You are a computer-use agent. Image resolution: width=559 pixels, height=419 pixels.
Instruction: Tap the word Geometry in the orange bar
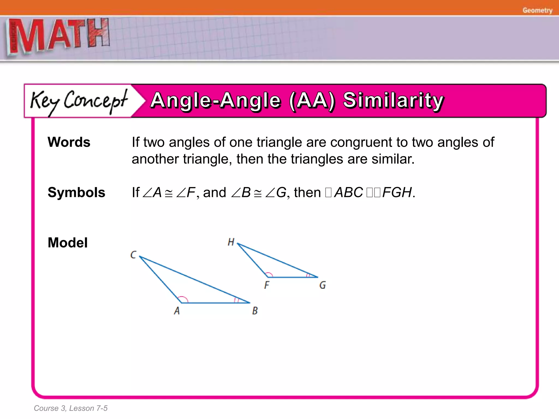pos(537,10)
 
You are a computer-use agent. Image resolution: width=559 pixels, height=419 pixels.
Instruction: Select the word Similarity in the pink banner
pos(393,100)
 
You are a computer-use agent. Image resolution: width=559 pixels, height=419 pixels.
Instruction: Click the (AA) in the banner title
pos(312,100)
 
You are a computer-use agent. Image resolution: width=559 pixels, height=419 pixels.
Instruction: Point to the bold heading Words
pos(69,142)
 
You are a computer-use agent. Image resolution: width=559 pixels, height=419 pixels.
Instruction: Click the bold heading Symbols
pos(76,192)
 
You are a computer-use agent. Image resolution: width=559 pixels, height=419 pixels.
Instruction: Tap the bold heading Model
pos(68,243)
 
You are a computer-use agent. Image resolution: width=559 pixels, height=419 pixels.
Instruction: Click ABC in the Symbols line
pos(349,192)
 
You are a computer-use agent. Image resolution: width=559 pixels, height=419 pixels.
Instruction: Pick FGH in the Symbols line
pos(397,192)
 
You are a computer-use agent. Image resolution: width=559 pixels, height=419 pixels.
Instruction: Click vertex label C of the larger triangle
pos(133,255)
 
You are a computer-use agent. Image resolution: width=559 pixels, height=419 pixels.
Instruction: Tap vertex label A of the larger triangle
pos(177,311)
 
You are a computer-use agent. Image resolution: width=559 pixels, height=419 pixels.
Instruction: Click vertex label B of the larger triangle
pos(255,311)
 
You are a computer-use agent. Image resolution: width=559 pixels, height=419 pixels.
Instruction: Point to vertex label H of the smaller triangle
pos(231,242)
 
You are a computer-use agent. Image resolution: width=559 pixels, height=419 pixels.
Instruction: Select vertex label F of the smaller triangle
pos(267,285)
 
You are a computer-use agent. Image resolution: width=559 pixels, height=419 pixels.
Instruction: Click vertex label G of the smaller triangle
pos(322,285)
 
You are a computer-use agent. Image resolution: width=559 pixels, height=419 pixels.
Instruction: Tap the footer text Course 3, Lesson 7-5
pos(70,408)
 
